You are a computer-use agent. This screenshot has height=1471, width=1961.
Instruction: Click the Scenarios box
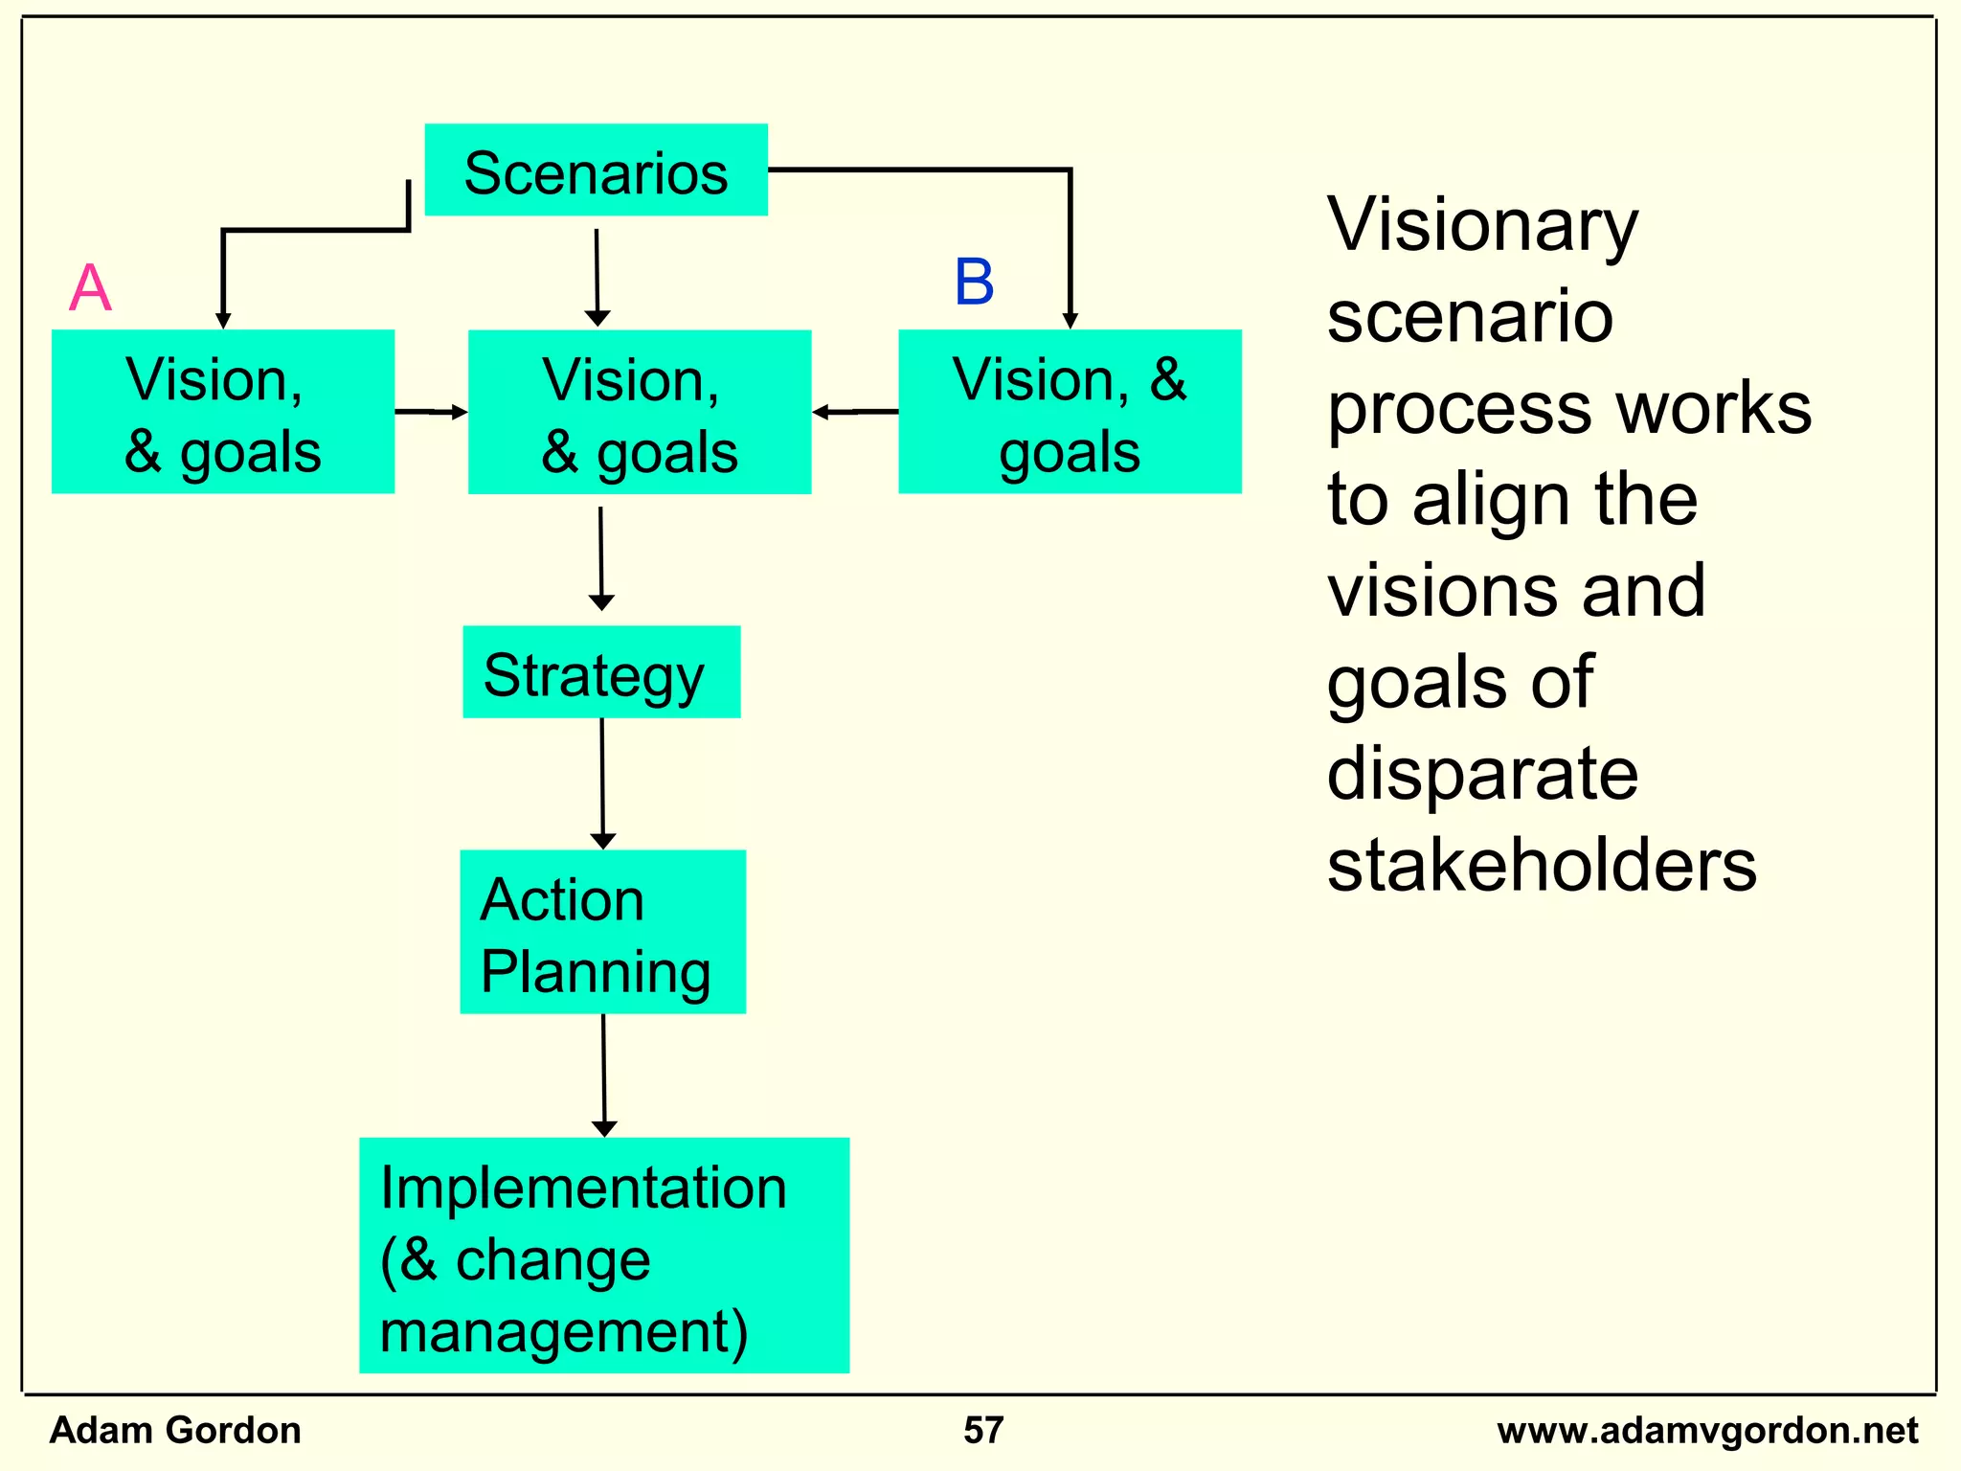(x=596, y=170)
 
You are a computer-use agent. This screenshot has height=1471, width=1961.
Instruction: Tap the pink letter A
(x=90, y=287)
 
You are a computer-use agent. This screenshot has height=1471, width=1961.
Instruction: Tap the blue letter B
(x=974, y=283)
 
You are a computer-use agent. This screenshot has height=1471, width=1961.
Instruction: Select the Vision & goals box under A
(x=222, y=412)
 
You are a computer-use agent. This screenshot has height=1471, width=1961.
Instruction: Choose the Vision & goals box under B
(x=1070, y=412)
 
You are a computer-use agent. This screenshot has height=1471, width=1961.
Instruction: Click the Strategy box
(x=601, y=672)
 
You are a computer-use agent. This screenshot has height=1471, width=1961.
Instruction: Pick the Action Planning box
(x=602, y=932)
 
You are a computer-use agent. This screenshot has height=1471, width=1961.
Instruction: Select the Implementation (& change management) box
(x=603, y=1255)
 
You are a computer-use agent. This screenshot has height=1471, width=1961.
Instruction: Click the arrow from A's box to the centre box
(x=431, y=412)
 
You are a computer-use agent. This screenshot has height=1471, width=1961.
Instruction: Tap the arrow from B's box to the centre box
(x=855, y=412)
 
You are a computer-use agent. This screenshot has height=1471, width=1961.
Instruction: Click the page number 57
(x=983, y=1431)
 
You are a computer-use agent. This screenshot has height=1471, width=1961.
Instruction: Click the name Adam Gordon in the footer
(x=175, y=1431)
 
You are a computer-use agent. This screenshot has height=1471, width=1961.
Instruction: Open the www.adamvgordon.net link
(x=1707, y=1431)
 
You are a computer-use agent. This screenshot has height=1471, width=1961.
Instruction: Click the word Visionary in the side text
(x=1482, y=226)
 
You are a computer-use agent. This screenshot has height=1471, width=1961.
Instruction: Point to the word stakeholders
(x=1542, y=866)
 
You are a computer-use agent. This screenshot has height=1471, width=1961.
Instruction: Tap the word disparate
(x=1482, y=774)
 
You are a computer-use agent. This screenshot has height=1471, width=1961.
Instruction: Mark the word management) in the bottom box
(x=564, y=1332)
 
